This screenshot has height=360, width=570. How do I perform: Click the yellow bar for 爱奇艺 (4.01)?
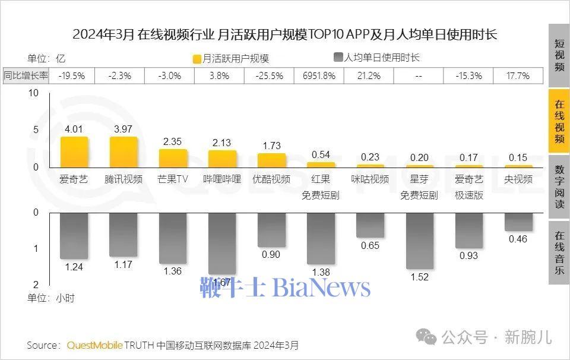pos(74,153)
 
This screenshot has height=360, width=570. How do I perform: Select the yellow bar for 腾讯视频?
pos(123,153)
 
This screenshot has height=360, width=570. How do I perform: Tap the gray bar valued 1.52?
pos(419,241)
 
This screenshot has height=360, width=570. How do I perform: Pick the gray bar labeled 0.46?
pos(518,222)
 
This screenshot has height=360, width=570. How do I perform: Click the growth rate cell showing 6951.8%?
pos(319,75)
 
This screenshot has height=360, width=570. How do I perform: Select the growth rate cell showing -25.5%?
pos(270,75)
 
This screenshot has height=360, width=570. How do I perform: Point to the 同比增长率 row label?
pos(27,75)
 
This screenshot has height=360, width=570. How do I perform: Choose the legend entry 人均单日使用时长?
pos(376,58)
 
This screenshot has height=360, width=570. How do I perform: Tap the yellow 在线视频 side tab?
pos(559,121)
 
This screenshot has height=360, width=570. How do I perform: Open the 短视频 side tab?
pos(559,55)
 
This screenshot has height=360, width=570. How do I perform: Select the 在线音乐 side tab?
pos(559,252)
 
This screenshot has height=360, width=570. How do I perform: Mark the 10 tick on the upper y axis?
pos(33,93)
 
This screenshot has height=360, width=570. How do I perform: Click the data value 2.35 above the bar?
pos(173,141)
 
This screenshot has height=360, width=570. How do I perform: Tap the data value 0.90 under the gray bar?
pos(271,255)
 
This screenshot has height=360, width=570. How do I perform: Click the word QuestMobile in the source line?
pos(95,345)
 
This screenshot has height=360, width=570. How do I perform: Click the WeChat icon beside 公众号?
pos(426,337)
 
